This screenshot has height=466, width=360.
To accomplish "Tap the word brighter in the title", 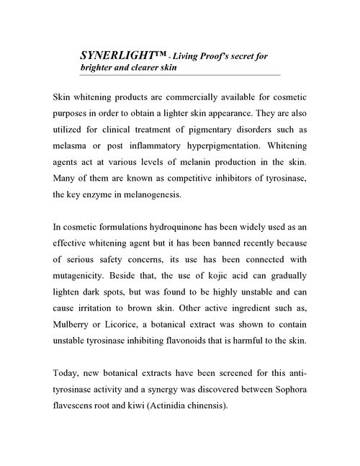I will click(x=99, y=68).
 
